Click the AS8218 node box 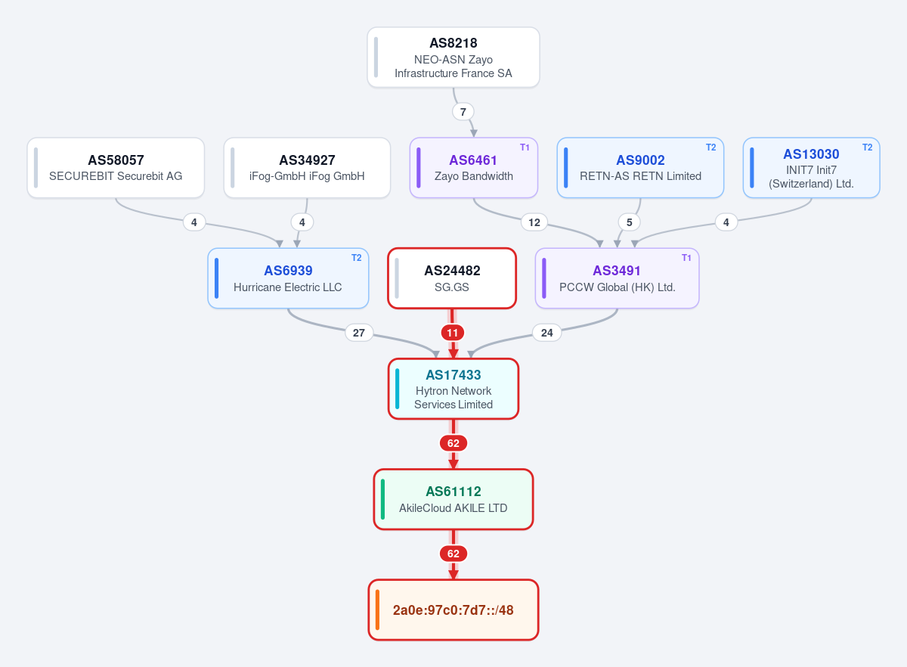tap(453, 57)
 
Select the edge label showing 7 tap(463, 111)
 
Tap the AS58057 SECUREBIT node tap(116, 168)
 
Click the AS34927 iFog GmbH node tap(307, 168)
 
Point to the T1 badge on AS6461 tap(525, 147)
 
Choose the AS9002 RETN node tap(640, 168)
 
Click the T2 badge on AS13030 tap(868, 147)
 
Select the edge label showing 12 tap(534, 222)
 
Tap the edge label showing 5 tap(629, 222)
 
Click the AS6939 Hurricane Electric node tap(288, 278)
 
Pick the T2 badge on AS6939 tap(356, 258)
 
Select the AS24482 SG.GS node tap(452, 278)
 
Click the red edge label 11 tap(452, 333)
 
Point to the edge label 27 tap(359, 333)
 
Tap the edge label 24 tap(547, 333)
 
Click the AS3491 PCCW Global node tap(617, 278)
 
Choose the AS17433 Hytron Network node tap(453, 389)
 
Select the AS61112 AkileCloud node tap(453, 499)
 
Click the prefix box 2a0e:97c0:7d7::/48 tap(453, 610)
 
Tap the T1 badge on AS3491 tap(686, 258)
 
